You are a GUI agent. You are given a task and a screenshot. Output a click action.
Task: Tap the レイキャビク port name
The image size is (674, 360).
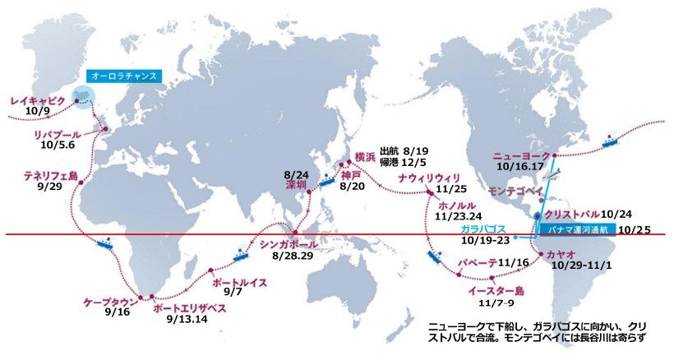[x=37, y=101]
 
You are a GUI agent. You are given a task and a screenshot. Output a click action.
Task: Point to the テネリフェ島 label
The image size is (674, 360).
[x=50, y=176]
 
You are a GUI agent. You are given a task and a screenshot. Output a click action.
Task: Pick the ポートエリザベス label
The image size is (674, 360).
[x=188, y=309]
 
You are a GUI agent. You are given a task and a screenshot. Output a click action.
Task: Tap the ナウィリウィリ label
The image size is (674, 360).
[x=435, y=178]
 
